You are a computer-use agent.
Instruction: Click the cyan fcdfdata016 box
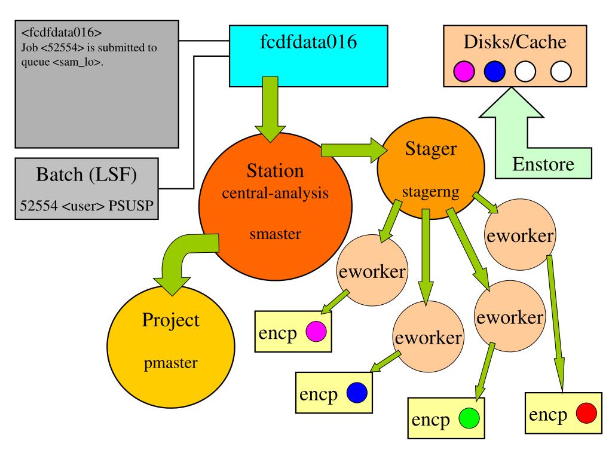(x=308, y=56)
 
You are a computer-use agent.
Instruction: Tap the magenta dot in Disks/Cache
(x=464, y=72)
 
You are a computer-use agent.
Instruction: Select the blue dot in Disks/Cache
(x=494, y=72)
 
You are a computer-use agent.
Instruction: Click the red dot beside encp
(x=586, y=413)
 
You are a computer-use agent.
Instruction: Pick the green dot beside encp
(x=469, y=418)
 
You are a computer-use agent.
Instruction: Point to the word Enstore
(x=543, y=164)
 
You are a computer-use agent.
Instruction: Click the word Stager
(x=431, y=149)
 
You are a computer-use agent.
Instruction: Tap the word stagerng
(x=431, y=192)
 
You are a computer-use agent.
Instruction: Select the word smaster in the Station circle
(x=275, y=234)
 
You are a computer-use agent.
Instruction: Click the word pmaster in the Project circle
(x=170, y=363)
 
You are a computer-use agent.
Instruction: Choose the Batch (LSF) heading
(x=86, y=175)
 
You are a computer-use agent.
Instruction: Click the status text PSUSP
(x=131, y=206)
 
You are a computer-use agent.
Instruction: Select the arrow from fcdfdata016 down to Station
(x=270, y=109)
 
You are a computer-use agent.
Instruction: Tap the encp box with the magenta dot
(x=293, y=331)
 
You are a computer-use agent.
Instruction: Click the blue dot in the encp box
(x=357, y=392)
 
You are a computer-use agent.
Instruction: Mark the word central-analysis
(x=275, y=193)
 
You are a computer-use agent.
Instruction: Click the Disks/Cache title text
(x=515, y=42)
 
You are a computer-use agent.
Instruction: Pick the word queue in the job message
(x=35, y=62)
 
